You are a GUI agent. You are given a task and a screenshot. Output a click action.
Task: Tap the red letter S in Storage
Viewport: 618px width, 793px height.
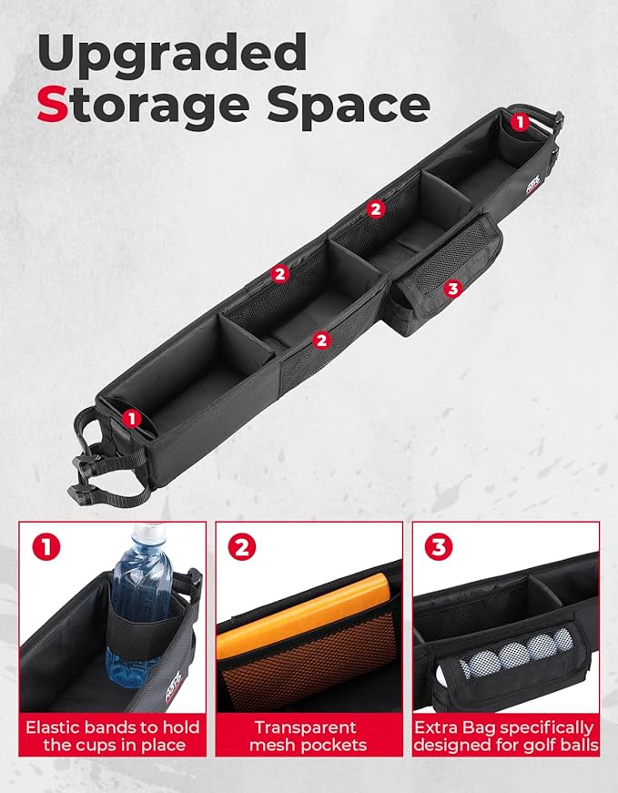point(53,104)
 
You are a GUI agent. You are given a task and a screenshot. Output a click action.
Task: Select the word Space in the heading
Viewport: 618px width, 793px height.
point(349,107)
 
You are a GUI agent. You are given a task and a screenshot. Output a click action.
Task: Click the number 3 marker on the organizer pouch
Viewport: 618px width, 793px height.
point(452,289)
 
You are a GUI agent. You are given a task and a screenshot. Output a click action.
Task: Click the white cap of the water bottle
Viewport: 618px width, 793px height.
point(149,532)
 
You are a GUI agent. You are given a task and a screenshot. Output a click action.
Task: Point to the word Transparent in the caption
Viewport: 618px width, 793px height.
point(306,727)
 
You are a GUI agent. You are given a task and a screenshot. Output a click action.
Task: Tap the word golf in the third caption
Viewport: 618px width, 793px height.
point(536,745)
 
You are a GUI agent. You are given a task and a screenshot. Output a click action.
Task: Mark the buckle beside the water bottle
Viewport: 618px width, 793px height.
point(193,583)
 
